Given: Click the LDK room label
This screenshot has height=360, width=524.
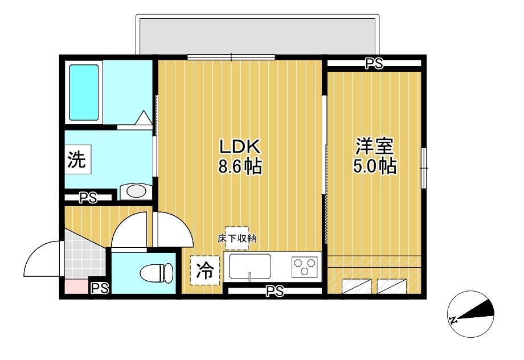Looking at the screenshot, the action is tap(239, 146).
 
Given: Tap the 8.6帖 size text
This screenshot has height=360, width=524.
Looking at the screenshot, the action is tap(240, 166).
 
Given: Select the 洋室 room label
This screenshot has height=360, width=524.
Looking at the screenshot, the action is tap(374, 146).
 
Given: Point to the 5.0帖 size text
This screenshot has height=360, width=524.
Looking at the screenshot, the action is tap(375, 166).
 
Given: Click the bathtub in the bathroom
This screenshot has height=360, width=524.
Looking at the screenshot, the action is tap(84, 92).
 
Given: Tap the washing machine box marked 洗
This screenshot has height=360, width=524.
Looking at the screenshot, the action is tap(77, 159).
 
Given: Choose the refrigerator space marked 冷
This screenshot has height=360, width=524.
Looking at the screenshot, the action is tap(205, 271).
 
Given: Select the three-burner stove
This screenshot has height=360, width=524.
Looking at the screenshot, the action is tap(305, 266).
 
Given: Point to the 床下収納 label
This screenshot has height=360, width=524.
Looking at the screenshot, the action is tap(237, 239).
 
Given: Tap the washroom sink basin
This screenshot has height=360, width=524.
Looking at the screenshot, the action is tap(136, 191).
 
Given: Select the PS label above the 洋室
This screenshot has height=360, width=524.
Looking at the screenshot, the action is tap(374, 63).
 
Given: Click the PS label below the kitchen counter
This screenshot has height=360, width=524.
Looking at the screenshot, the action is tap(275, 291).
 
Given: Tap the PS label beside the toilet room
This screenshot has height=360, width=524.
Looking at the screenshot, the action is tap(100, 288).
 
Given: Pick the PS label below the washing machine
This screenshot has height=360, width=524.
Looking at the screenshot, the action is tap(88, 198).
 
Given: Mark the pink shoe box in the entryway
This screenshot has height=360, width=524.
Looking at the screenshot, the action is tap(76, 287).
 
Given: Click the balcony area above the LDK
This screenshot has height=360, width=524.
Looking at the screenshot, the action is tap(257, 36).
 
